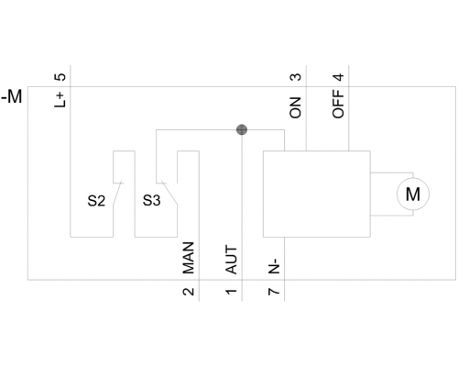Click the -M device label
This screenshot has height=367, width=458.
click(12, 97)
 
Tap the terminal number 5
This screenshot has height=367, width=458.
click(60, 77)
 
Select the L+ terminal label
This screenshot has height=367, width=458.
click(60, 100)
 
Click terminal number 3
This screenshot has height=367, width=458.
click(295, 77)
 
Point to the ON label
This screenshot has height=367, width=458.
click(295, 107)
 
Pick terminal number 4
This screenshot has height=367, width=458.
click(338, 77)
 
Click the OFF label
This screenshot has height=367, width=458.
click(338, 104)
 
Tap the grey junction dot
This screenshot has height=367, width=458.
click(242, 129)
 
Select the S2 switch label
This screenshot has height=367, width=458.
click(96, 201)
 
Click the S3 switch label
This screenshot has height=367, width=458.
click(151, 201)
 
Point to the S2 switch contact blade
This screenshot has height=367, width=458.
click(117, 193)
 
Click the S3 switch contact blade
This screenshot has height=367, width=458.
click(169, 193)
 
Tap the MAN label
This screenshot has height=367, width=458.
click(189, 258)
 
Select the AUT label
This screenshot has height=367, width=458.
click(231, 260)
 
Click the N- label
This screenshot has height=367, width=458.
click(274, 266)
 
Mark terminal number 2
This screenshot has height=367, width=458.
click(189, 292)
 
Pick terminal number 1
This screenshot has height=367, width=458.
click(231, 292)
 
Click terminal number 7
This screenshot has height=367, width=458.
click(274, 292)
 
